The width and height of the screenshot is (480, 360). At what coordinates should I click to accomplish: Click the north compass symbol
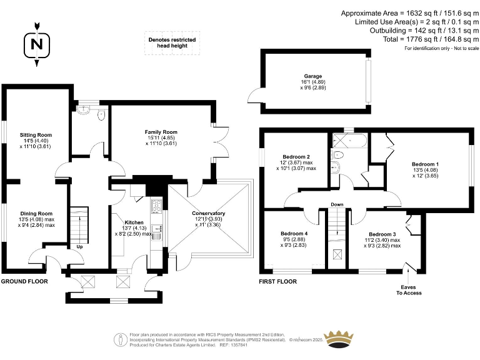tap(37, 43)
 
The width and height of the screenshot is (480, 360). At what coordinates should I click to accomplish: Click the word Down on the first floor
tap(337, 204)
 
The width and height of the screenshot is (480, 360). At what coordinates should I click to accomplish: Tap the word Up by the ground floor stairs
tap(79, 246)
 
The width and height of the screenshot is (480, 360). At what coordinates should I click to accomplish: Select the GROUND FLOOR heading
tap(24, 282)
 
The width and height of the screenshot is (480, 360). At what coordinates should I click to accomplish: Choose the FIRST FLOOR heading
tap(278, 282)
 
